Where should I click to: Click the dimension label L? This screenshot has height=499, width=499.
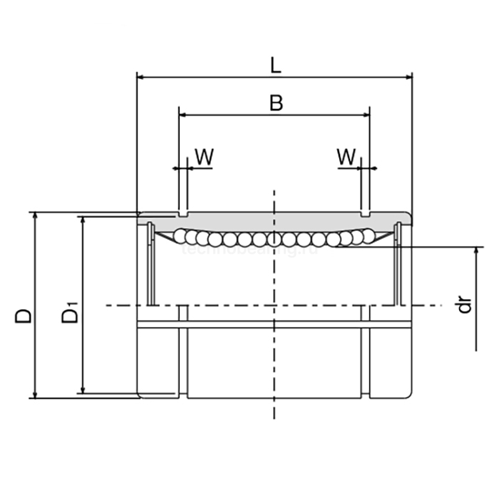pyautogui.click(x=276, y=65)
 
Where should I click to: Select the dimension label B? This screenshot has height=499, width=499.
pyautogui.click(x=276, y=103)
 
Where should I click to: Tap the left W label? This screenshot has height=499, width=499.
pyautogui.click(x=204, y=157)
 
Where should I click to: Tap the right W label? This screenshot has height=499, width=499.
pyautogui.click(x=346, y=157)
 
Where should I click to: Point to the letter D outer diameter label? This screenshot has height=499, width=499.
pyautogui.click(x=24, y=315)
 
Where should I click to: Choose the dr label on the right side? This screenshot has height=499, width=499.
pyautogui.click(x=465, y=306)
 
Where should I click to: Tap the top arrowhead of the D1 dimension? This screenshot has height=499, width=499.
pyautogui.click(x=83, y=220)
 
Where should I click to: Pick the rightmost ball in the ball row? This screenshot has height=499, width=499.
pyautogui.click(x=368, y=235)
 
